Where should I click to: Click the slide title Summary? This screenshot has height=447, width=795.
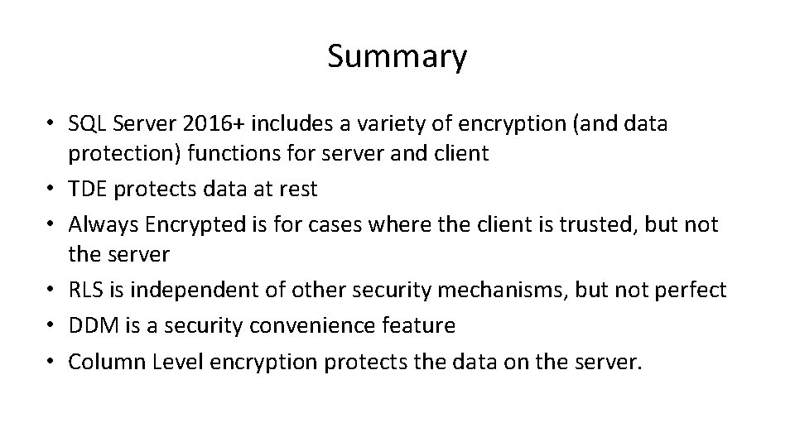(x=397, y=57)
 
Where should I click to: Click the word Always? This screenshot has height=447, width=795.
(x=104, y=223)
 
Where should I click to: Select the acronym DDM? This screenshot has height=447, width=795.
(x=94, y=325)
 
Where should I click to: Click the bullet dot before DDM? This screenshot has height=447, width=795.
(x=51, y=326)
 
